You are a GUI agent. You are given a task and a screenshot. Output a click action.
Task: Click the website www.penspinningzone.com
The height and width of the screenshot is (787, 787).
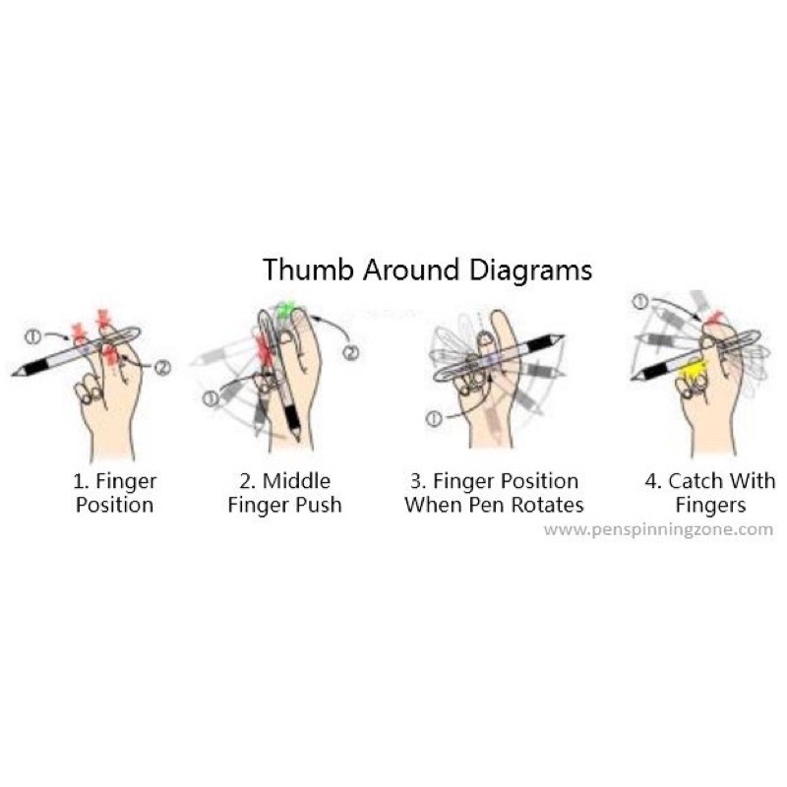click(x=658, y=528)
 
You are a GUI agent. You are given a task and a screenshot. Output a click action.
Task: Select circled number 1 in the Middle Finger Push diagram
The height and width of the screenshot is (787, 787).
click(x=210, y=397)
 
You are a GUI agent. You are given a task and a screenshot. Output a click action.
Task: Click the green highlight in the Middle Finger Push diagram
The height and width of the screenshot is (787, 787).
click(x=286, y=311)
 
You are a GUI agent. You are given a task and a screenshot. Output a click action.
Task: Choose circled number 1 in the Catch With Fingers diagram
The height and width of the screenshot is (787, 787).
click(x=640, y=301)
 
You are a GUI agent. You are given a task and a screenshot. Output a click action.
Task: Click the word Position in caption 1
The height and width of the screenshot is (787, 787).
click(x=115, y=506)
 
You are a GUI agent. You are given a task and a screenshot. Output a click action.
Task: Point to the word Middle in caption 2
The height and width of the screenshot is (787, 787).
click(x=298, y=482)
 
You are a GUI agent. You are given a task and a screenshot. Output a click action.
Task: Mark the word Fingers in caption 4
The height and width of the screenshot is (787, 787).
click(x=710, y=506)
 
